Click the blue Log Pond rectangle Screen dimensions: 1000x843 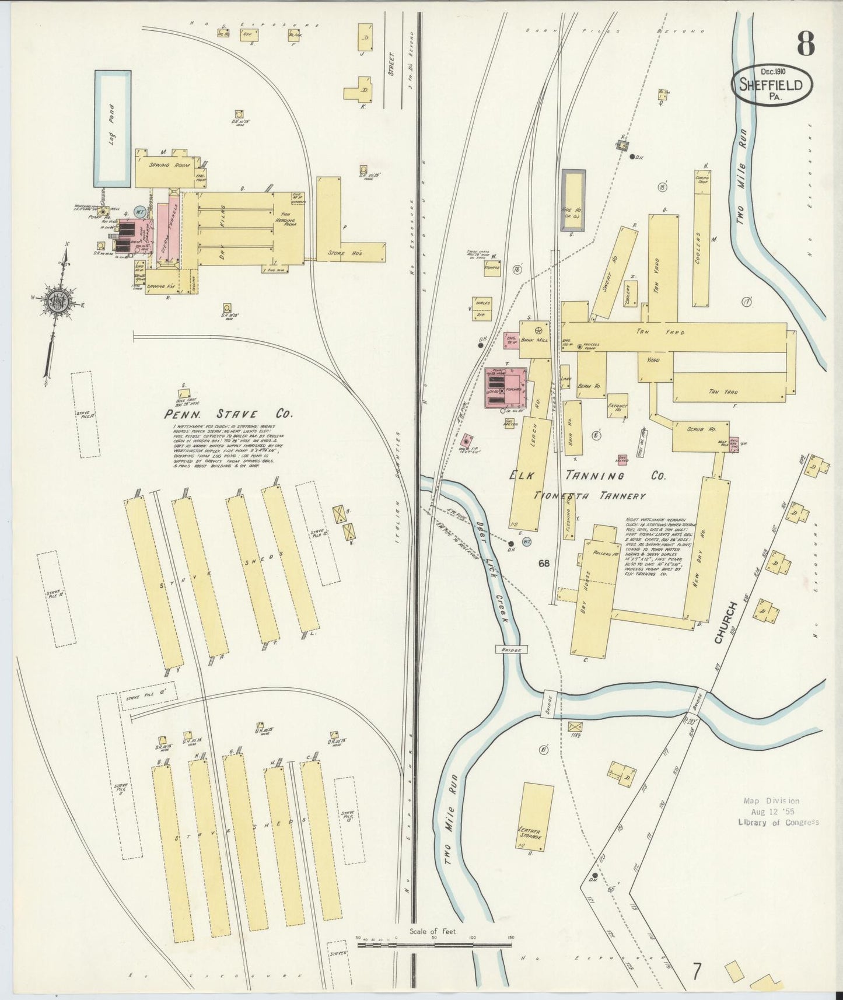(x=113, y=128)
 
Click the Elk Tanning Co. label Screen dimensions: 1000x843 (x=587, y=475)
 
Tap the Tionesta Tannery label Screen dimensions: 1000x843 (x=590, y=496)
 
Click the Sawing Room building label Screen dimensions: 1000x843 (x=167, y=165)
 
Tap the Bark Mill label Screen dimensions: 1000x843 (x=535, y=340)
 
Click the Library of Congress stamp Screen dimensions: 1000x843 (x=778, y=812)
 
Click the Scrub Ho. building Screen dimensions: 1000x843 (x=700, y=436)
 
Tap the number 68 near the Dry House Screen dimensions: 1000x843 (x=544, y=564)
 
